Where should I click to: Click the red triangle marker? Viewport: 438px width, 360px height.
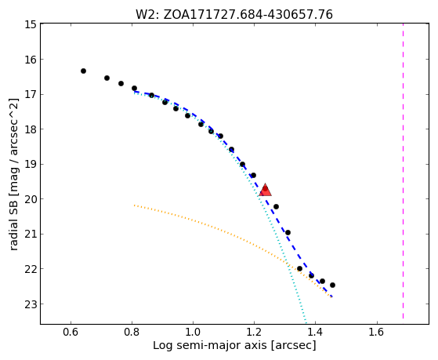pos(265,191)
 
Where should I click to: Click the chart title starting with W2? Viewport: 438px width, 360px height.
pos(234,15)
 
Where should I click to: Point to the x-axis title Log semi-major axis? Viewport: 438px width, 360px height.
pos(234,345)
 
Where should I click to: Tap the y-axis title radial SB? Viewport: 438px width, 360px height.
pos(13,174)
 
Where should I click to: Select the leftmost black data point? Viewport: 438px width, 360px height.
pos(83,71)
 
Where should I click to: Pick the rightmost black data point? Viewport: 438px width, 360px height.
pos(332,285)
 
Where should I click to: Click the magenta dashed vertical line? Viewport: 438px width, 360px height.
pos(403,171)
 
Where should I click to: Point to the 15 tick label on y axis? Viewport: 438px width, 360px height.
pos(31,24)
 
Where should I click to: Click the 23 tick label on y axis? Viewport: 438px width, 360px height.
pos(31,304)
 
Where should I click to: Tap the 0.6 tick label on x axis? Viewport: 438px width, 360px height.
pos(71,332)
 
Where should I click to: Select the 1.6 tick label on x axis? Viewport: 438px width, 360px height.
pos(377,332)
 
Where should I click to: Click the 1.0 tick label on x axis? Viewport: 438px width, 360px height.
pos(193,332)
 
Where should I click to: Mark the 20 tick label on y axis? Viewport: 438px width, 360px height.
pos(31,199)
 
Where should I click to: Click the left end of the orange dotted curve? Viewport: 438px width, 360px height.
pos(135,205)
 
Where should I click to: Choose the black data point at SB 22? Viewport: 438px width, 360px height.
pos(299,268)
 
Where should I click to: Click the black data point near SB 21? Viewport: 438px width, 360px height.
pos(288,232)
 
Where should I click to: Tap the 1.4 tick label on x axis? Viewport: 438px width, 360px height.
pos(315,332)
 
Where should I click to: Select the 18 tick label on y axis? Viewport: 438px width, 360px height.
pos(31,129)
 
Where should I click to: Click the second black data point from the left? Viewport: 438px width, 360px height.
pos(107,78)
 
